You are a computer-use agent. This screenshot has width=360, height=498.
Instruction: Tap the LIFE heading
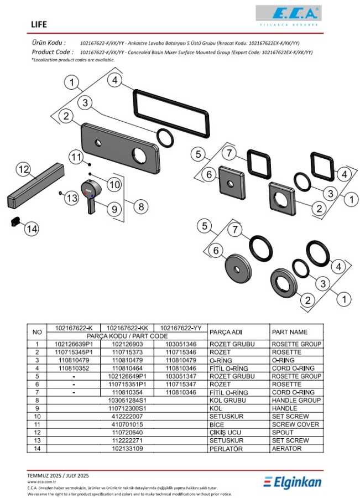(x=39, y=25)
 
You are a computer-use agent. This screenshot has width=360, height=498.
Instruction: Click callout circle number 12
(x=23, y=168)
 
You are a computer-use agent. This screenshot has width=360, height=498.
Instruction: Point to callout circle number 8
(x=141, y=206)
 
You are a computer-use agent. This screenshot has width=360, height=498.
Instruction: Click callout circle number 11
(x=76, y=157)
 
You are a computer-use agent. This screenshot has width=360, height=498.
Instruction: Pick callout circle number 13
(x=72, y=198)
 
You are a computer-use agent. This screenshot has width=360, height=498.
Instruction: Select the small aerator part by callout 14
(x=14, y=222)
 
